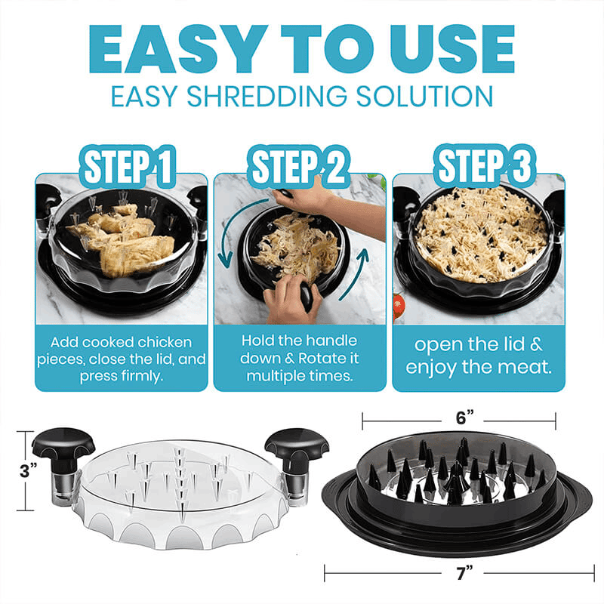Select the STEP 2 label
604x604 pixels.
tap(300, 168)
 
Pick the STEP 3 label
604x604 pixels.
tap(479, 168)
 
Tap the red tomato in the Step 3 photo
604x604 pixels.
tap(399, 305)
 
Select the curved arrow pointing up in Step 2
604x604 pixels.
tap(364, 276)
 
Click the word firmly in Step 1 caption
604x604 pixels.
tap(143, 375)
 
